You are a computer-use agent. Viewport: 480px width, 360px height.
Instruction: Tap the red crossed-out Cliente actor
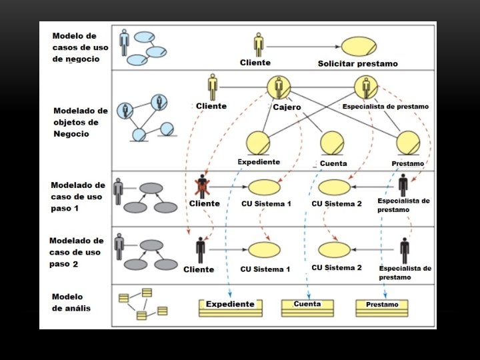[201, 186]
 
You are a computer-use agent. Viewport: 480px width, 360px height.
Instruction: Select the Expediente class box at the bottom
[231, 307]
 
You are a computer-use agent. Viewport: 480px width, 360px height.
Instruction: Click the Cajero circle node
[279, 88]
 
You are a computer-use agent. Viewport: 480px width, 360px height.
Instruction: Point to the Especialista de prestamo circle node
[366, 87]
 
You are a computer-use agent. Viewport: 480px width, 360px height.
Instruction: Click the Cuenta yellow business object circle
[331, 143]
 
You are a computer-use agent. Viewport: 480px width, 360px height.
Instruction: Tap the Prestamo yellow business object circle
[408, 143]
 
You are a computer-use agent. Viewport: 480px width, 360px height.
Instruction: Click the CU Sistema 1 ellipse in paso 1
[264, 187]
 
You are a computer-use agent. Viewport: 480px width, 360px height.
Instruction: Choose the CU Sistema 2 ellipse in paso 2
[334, 249]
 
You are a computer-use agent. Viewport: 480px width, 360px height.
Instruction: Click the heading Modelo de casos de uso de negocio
[76, 47]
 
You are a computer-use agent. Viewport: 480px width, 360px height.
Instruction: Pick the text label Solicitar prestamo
[357, 64]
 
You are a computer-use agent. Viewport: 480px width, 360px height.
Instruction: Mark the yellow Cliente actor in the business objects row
[213, 87]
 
